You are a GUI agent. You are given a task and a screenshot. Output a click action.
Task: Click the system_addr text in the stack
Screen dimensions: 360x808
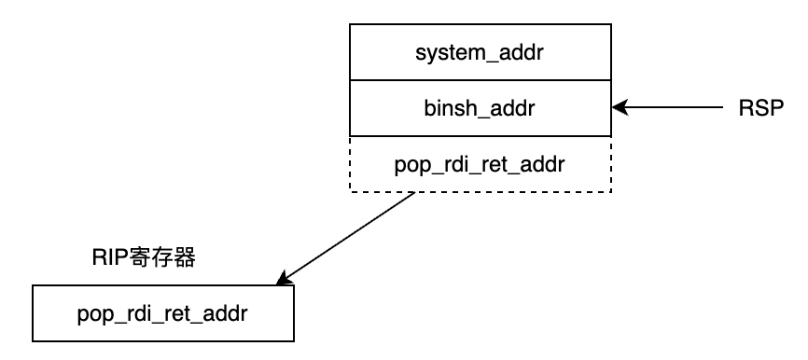click(480, 53)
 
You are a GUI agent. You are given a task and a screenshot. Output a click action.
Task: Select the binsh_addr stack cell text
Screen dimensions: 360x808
click(480, 108)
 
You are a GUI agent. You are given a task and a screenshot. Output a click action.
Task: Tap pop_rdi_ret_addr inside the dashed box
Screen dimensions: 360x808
click(480, 164)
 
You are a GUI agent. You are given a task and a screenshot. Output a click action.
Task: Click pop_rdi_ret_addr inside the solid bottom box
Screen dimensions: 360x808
click(163, 313)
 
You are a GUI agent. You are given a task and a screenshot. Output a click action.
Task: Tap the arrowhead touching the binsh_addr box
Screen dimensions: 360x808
click(619, 109)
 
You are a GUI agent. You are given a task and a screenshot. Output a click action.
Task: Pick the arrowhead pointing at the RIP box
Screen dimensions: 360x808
click(284, 278)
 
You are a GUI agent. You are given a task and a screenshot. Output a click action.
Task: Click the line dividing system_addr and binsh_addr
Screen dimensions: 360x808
click(480, 81)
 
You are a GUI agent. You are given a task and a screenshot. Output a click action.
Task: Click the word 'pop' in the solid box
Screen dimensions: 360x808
click(93, 314)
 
